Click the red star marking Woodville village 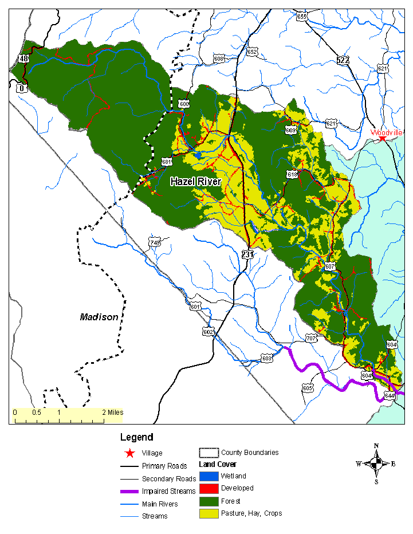tap(382, 139)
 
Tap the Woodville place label tap(387, 132)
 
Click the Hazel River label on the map tap(196, 182)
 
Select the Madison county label tap(99, 317)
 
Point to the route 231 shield tap(247, 254)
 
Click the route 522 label tap(343, 60)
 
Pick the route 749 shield tap(154, 242)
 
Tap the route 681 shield tap(167, 162)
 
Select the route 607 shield tap(329, 266)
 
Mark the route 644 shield tap(390, 396)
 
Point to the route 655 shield tap(302, 17)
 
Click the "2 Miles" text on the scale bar tap(112, 412)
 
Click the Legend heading tap(136, 437)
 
